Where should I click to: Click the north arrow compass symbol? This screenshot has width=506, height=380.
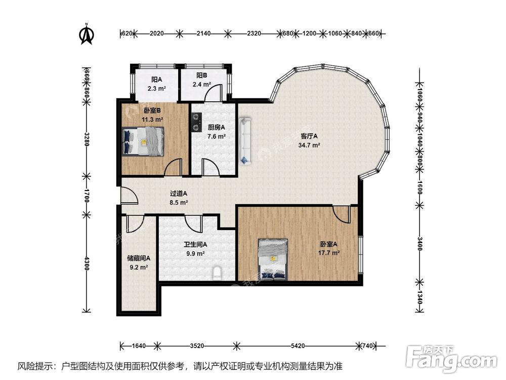87,33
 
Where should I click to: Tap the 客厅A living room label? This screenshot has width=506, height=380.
309,136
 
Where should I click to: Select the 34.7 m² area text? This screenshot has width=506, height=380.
309,145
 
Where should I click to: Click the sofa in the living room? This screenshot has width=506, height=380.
245,141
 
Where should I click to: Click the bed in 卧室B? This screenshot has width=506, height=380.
143,141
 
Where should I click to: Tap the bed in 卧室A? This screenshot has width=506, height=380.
273,259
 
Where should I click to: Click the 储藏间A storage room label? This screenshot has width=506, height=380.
139,258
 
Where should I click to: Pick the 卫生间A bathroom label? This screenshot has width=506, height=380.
195,245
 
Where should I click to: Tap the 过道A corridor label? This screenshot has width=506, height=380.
179,194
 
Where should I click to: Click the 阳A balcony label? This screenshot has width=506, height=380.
156,79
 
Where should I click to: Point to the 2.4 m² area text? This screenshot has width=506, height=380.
202,84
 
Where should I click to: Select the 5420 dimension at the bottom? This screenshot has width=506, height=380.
298,346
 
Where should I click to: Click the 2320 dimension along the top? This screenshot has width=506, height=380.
254,33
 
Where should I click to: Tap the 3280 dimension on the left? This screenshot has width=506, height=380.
87,139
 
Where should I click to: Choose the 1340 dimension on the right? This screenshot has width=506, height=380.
419,296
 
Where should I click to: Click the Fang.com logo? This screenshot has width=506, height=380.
451,358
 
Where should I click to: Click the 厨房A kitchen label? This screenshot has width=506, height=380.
216,127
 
